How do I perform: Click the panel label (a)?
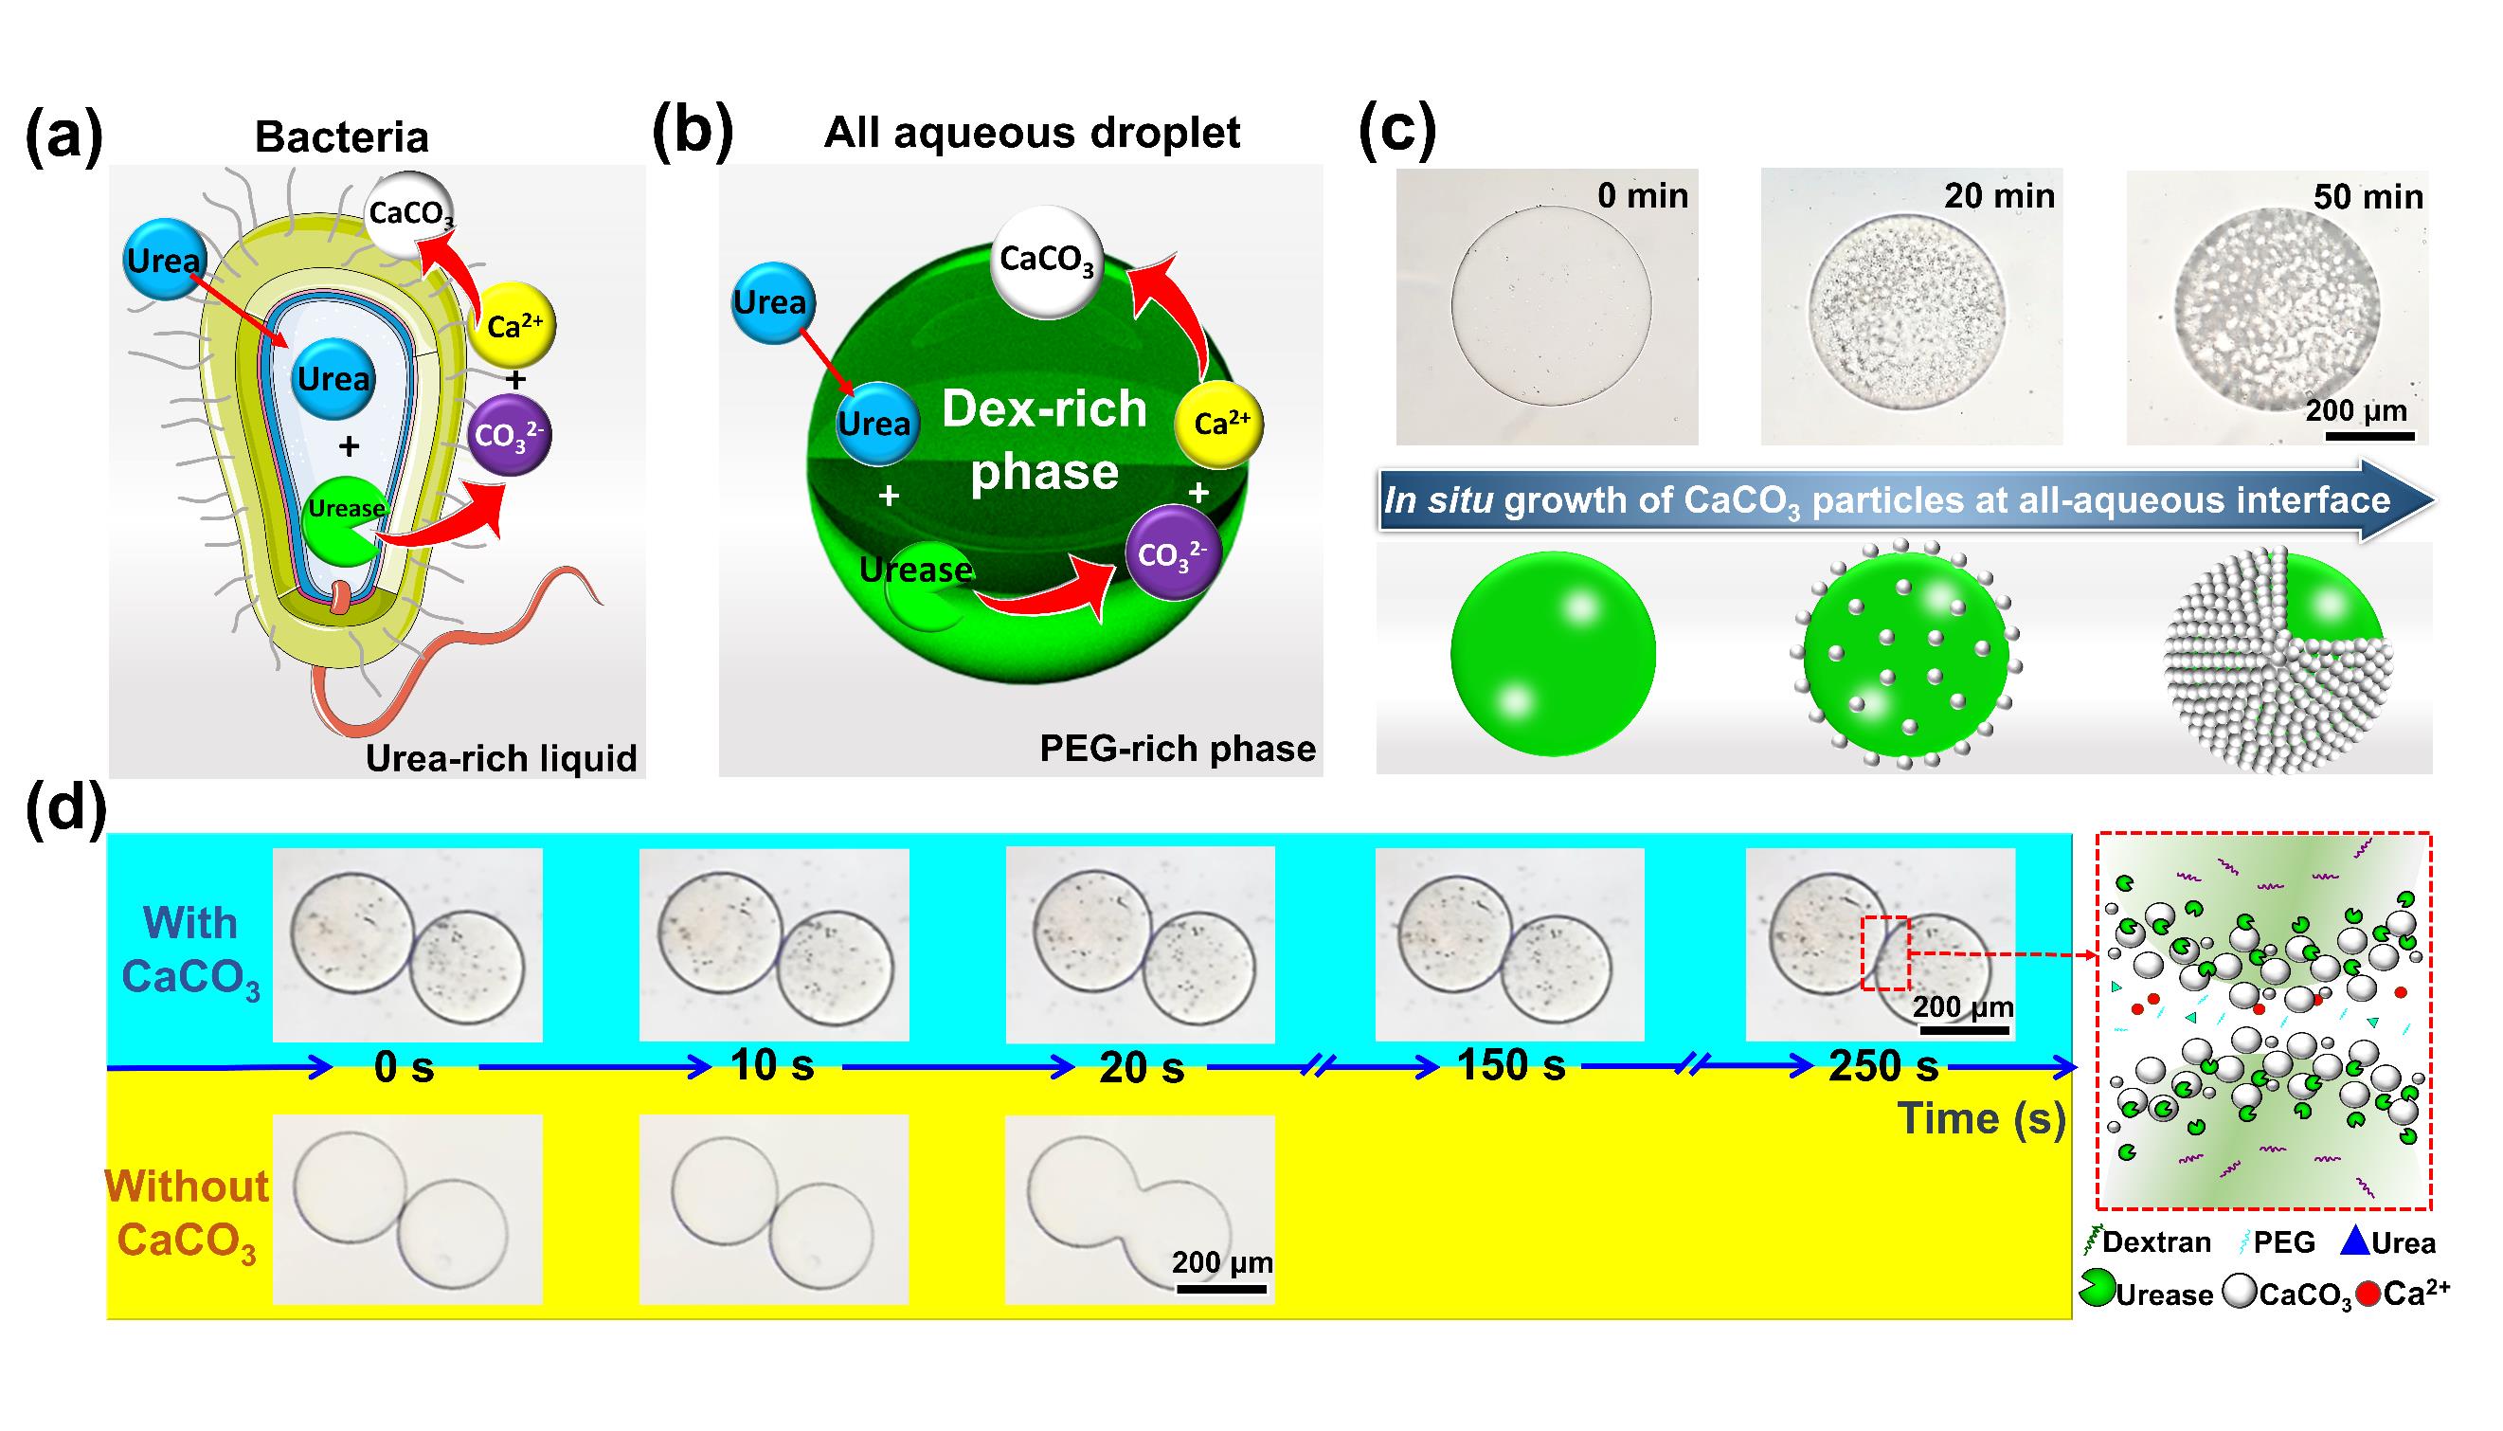(x=63, y=137)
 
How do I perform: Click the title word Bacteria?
(x=342, y=137)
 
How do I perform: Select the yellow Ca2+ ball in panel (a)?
(x=512, y=325)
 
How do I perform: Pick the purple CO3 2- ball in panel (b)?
(x=1172, y=553)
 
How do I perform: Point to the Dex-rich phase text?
(x=1044, y=441)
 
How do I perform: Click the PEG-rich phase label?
(x=1177, y=749)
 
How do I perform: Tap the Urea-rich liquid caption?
(x=501, y=759)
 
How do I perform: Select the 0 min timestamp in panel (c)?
(x=1643, y=195)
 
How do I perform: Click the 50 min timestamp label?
(x=2368, y=197)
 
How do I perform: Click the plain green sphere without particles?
(x=1552, y=654)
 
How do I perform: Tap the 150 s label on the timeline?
(x=1511, y=1065)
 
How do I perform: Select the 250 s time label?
(x=1883, y=1066)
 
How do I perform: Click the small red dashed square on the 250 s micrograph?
(x=1886, y=953)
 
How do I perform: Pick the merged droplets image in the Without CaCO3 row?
(x=1140, y=1209)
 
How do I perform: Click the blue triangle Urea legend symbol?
(x=2355, y=1242)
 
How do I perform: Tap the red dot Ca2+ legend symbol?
(x=2368, y=1295)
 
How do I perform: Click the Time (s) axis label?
(x=1981, y=1118)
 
